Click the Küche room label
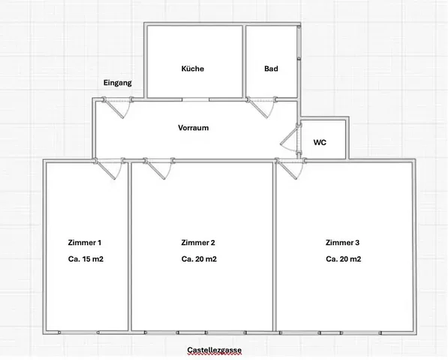tap(193, 69)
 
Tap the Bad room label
tap(271, 69)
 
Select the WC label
tap(320, 142)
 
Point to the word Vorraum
tap(194, 127)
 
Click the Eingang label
tap(117, 82)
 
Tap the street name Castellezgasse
tap(215, 350)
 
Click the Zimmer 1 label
tap(85, 242)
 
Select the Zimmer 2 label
tap(198, 242)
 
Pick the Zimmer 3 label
tap(343, 242)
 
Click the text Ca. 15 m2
tap(86, 259)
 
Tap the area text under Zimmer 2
tap(199, 259)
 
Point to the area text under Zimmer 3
tap(344, 259)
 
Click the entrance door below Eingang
tap(117, 107)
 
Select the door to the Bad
tap(261, 107)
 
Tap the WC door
tap(291, 139)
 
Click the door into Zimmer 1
tap(110, 169)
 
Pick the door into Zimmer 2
tap(159, 169)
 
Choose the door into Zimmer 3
tap(291, 169)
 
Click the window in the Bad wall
tap(299, 43)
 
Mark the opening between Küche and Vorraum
tap(196, 99)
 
